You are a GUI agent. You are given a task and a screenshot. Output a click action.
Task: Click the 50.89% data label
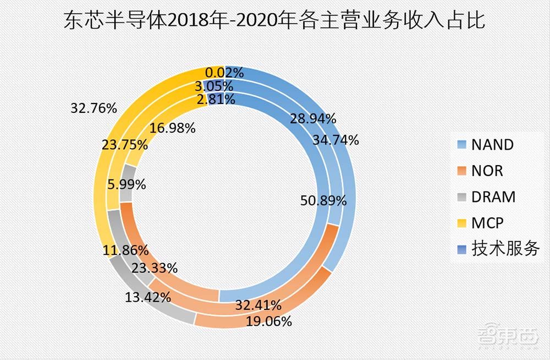point(323,201)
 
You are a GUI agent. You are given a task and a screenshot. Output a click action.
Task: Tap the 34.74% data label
point(335,140)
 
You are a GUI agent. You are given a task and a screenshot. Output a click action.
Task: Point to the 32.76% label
point(94,108)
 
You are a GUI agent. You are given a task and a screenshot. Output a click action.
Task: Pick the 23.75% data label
point(124,145)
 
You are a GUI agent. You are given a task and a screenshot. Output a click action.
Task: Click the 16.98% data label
point(172,129)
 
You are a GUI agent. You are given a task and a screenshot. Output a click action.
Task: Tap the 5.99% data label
point(127,185)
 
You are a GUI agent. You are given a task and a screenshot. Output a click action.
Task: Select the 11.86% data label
point(125,250)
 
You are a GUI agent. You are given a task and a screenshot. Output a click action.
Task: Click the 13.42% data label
point(148,298)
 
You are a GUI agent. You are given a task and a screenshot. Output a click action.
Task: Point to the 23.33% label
point(154,269)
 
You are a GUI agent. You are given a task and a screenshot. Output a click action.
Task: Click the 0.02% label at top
point(224,73)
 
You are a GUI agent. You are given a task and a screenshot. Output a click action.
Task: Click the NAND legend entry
point(492,145)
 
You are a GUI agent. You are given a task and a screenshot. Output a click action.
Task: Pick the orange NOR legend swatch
point(462,171)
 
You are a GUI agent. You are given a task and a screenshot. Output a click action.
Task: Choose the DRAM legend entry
point(493,197)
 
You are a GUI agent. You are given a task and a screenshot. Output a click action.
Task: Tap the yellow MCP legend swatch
point(462,223)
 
